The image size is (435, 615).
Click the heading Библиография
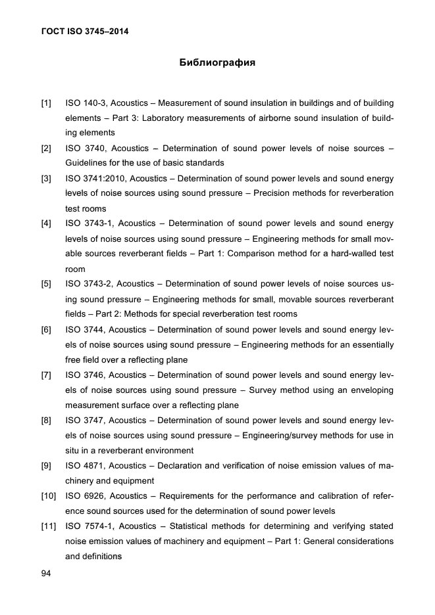tap(217, 64)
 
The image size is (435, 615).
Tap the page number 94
tap(46, 574)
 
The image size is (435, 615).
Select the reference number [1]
tap(46, 103)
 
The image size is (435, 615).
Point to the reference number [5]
tap(46, 284)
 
